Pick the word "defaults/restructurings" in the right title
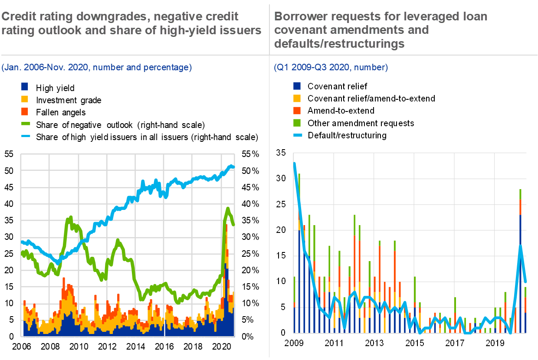coord(339,44)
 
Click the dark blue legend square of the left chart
coord(25,86)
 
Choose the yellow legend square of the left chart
coord(25,99)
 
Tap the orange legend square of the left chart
coord(25,111)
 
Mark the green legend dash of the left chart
coord(26,124)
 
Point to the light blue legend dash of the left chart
coord(26,136)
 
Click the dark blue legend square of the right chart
coord(297,86)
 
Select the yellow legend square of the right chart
coord(297,98)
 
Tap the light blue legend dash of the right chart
coord(298,135)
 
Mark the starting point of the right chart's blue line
coord(295,163)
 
